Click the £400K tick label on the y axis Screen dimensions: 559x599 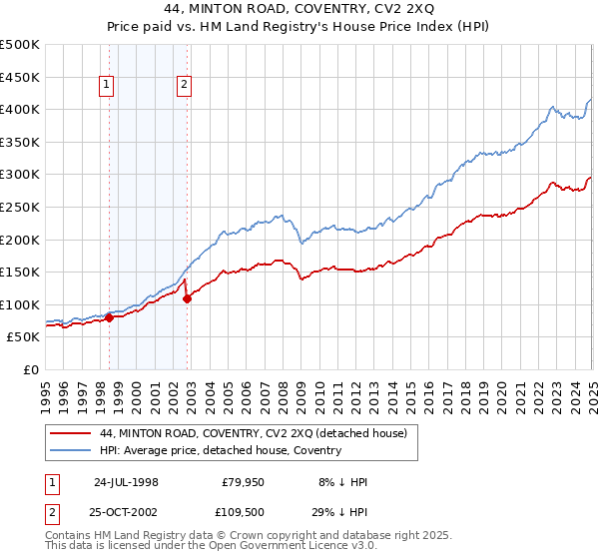click(20, 109)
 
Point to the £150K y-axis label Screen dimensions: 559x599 click(20, 272)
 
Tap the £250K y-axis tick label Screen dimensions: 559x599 click(20, 207)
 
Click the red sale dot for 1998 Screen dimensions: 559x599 click(109, 317)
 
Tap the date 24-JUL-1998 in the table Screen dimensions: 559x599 click(126, 482)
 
